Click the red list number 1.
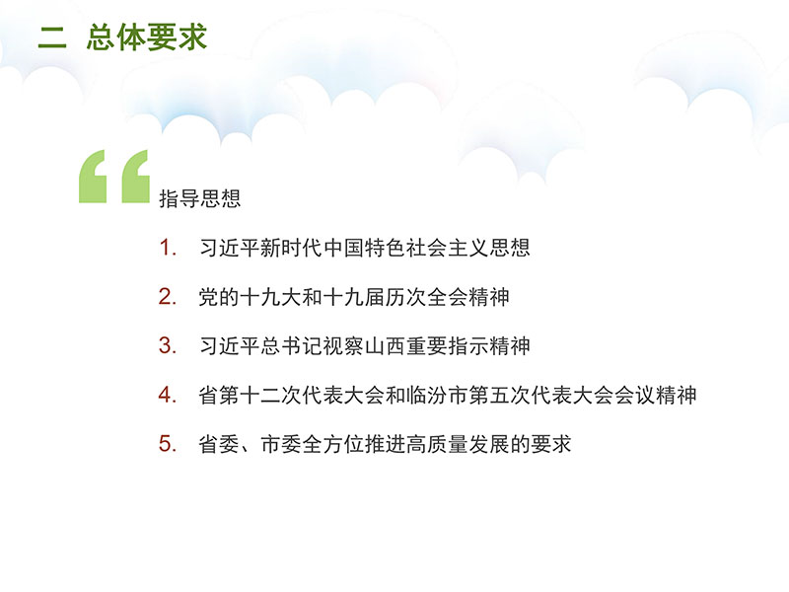168,248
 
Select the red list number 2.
168,297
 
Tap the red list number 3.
168,346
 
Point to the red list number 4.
168,395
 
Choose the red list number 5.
168,444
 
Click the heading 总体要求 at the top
146,37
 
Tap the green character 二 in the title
52,37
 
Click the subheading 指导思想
200,198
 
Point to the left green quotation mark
93,177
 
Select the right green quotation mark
136,177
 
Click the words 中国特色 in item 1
365,248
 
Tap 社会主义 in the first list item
448,248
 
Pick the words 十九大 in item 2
271,297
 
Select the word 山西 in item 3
386,346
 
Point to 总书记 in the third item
292,346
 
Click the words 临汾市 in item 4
437,395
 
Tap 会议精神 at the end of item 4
656,395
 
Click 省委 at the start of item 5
219,444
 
